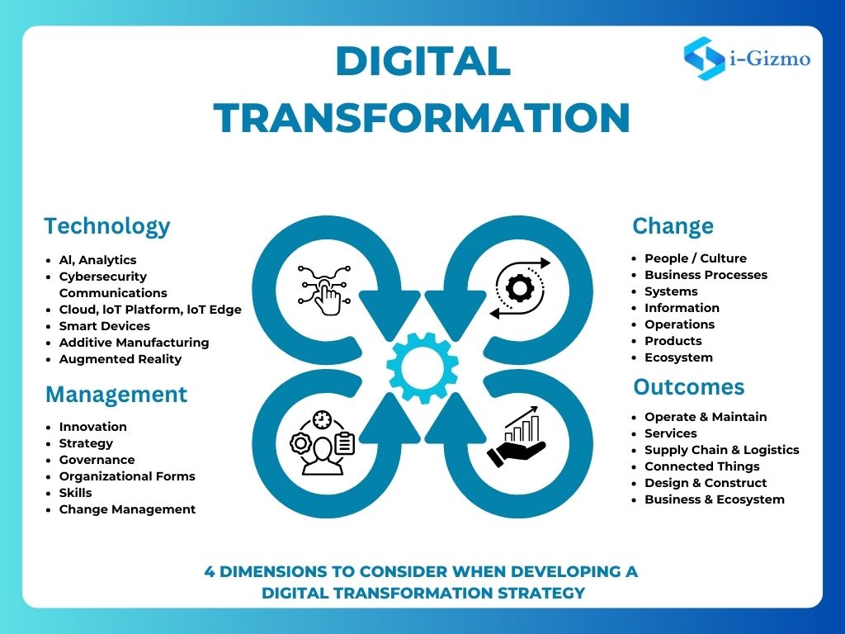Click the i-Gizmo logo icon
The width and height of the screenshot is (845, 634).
(705, 59)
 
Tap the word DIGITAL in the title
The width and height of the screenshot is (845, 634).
(423, 61)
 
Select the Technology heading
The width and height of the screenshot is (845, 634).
(107, 226)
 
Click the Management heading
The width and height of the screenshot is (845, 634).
(116, 394)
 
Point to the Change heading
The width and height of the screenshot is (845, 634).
(673, 226)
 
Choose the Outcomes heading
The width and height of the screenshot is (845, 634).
(689, 386)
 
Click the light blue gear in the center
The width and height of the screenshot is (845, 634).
(422, 368)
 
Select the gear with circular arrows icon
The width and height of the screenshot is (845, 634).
(520, 288)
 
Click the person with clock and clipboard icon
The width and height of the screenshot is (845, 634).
(323, 442)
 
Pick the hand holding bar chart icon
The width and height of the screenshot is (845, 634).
(517, 438)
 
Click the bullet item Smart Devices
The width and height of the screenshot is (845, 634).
(105, 326)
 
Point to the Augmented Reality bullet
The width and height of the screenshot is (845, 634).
(120, 359)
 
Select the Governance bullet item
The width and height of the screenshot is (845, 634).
(97, 460)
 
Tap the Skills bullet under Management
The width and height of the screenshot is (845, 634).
(75, 493)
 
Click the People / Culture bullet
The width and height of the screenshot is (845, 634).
(696, 258)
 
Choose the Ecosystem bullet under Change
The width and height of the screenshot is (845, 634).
(678, 357)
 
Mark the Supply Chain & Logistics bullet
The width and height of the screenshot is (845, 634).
(721, 450)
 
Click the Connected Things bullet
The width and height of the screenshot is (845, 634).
(701, 466)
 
